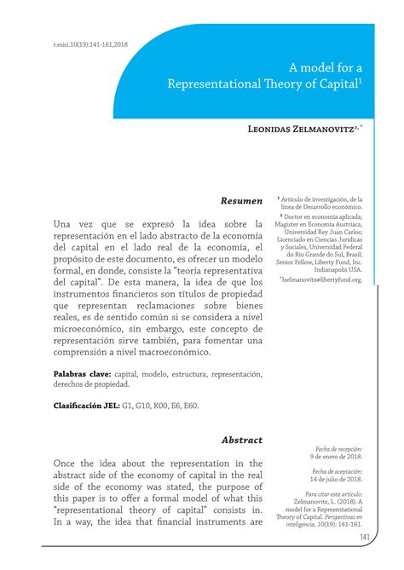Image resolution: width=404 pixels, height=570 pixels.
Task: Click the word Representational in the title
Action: pyautogui.click(x=216, y=83)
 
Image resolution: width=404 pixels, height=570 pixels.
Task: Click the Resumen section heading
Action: pyautogui.click(x=242, y=201)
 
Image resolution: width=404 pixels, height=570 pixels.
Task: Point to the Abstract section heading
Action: pyautogui.click(x=242, y=440)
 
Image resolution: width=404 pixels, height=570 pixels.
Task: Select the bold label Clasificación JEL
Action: pyautogui.click(x=86, y=406)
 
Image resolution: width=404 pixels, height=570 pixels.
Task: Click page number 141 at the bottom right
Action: pyautogui.click(x=365, y=538)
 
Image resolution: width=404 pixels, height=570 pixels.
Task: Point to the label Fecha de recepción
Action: pyautogui.click(x=338, y=448)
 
